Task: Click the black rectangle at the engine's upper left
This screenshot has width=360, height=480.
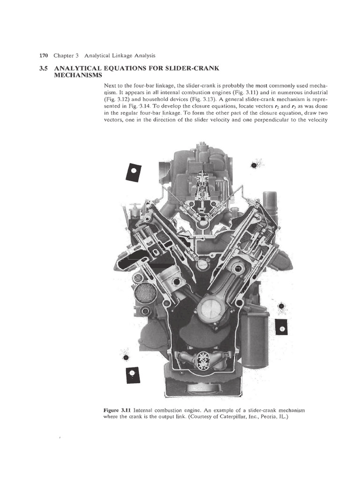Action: pos(133,172)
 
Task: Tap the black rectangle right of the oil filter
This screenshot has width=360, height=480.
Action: pos(282,330)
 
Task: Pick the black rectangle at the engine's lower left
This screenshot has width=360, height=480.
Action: pos(132,374)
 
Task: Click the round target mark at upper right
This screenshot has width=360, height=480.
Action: pos(255,165)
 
